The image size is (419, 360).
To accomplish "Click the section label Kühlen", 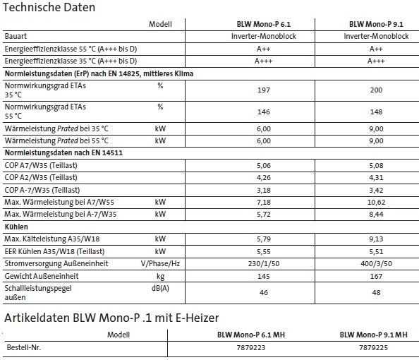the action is tap(17, 227).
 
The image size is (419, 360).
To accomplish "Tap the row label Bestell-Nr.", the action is tap(25, 348).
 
